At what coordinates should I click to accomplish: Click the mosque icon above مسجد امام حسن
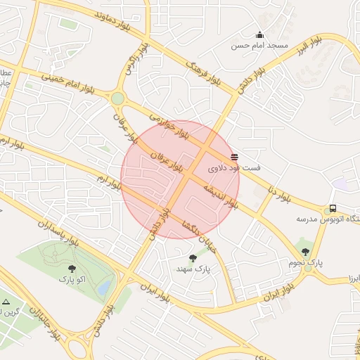point(259,35)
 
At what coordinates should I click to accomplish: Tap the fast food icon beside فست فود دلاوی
point(234,157)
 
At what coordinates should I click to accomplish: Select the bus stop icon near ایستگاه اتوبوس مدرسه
point(332,209)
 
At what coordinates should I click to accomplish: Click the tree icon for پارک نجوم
point(305,251)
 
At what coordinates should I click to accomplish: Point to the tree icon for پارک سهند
point(193,257)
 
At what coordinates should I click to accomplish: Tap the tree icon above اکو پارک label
point(72,269)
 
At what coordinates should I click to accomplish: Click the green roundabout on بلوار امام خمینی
point(117,98)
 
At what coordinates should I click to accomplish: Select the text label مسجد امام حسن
point(261,46)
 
